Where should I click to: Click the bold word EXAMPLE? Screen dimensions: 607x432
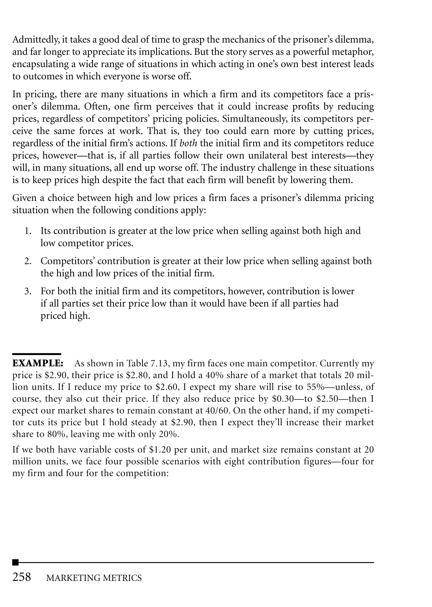[38, 363]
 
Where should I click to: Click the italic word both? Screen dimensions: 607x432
[188, 144]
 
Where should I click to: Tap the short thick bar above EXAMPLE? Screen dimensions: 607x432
[37, 354]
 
